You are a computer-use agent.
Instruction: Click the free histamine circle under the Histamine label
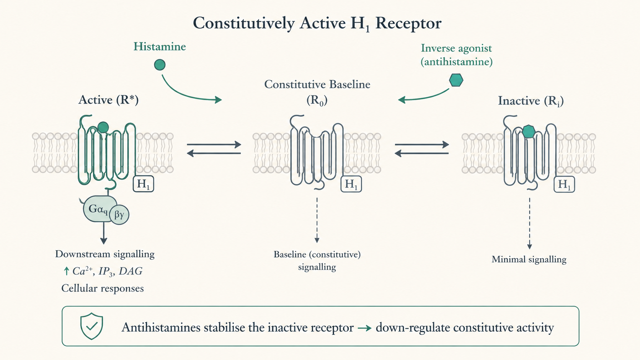160,65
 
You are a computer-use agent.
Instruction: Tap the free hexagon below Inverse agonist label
456,80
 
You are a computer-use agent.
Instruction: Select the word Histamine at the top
160,47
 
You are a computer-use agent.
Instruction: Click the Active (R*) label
109,100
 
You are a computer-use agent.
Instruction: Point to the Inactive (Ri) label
531,101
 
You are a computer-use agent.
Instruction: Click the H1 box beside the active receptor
144,184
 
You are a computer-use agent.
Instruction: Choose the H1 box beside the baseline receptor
351,184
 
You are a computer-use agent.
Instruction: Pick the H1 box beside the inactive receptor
564,184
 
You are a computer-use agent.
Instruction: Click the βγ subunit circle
119,215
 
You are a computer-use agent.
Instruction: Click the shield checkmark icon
91,326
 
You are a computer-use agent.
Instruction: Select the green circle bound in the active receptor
103,127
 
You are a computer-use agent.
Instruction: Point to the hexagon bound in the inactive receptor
529,132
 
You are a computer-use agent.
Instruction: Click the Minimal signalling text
529,259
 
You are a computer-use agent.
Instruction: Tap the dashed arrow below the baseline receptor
317,220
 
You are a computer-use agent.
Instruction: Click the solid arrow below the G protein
104,233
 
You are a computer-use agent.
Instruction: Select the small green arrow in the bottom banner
364,328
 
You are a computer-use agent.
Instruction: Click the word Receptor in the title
408,23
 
